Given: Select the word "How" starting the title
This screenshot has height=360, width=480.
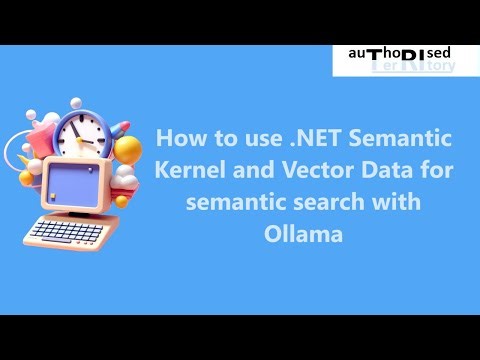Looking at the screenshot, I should (176, 137).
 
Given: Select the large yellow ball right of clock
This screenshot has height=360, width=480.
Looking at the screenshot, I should (127, 149).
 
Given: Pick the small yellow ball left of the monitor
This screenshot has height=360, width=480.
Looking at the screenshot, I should (27, 177).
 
